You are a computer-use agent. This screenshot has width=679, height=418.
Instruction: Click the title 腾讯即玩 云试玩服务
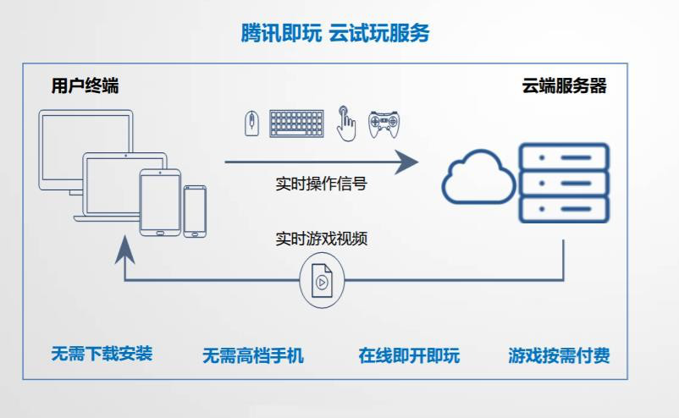tap(335, 33)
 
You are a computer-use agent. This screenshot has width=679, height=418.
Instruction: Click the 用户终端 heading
tap(85, 86)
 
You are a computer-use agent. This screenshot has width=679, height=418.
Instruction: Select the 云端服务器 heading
tap(564, 86)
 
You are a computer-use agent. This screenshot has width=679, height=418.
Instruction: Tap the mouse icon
tap(251, 124)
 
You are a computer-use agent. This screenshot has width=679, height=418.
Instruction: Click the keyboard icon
tap(296, 124)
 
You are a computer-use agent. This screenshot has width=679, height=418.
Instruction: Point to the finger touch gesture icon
tap(345, 123)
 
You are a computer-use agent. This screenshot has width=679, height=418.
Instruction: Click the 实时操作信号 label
tap(321, 184)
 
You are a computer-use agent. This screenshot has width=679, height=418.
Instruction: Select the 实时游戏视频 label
tap(321, 238)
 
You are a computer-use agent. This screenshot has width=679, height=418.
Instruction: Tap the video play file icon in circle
tap(322, 279)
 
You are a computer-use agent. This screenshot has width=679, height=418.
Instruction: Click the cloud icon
tap(479, 176)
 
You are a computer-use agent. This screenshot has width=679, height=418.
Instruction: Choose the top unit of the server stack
tap(564, 157)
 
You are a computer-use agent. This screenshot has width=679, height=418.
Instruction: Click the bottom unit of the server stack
tap(564, 209)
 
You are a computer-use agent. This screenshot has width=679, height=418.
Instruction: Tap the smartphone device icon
tap(195, 211)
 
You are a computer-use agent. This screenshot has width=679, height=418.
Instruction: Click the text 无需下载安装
tap(102, 354)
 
